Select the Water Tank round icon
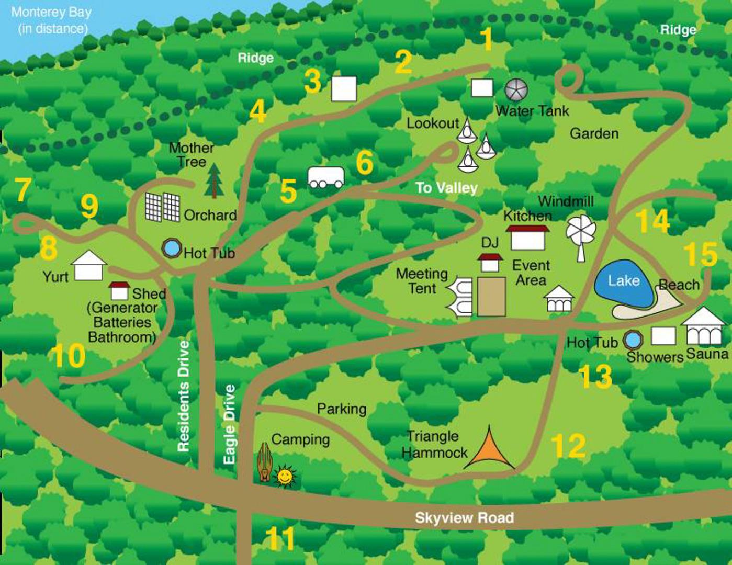(x=516, y=90)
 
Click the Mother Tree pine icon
(x=213, y=180)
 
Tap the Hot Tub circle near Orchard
(x=171, y=247)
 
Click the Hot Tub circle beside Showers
(x=633, y=340)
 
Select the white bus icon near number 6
(x=326, y=177)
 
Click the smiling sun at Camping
(x=285, y=476)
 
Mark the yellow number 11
(x=280, y=538)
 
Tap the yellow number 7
(x=22, y=189)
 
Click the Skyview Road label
(x=464, y=518)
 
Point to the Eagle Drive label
(x=229, y=424)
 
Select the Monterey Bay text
(x=51, y=20)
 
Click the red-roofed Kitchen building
(x=527, y=238)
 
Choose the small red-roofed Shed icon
(x=119, y=291)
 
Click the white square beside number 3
(x=344, y=88)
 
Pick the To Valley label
(x=446, y=188)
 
